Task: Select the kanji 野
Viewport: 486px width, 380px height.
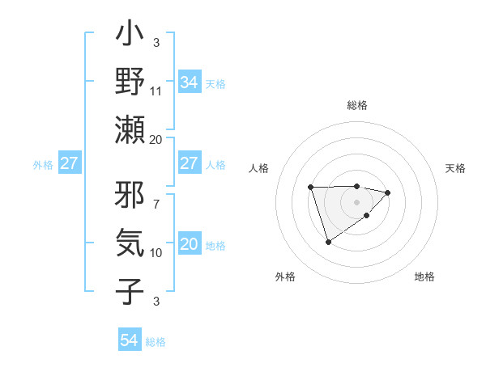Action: pyautogui.click(x=130, y=82)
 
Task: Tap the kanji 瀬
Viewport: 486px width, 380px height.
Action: pyautogui.click(x=130, y=129)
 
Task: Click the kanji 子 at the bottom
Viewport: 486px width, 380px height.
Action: pyautogui.click(x=130, y=289)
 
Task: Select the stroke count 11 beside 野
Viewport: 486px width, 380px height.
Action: pyautogui.click(x=156, y=91)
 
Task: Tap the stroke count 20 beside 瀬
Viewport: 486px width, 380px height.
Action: pyautogui.click(x=156, y=139)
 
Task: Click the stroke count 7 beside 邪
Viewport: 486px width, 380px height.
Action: pyautogui.click(x=156, y=196)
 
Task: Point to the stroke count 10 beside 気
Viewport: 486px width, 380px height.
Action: pyautogui.click(x=156, y=252)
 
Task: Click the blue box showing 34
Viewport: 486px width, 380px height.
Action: pyautogui.click(x=189, y=82)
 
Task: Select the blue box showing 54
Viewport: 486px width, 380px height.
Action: pyautogui.click(x=129, y=340)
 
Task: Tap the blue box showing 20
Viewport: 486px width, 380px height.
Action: pyautogui.click(x=189, y=244)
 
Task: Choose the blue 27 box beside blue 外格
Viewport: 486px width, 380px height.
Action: pyautogui.click(x=69, y=164)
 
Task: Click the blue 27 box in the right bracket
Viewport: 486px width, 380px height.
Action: pyautogui.click(x=189, y=163)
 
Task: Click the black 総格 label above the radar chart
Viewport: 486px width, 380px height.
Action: pyautogui.click(x=357, y=105)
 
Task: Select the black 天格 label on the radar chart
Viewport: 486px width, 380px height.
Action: pyautogui.click(x=455, y=168)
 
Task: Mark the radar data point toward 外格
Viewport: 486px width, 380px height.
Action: pyautogui.click(x=328, y=242)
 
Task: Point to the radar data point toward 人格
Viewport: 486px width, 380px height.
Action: pyautogui.click(x=310, y=188)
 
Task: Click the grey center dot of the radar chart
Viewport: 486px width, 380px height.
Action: pyautogui.click(x=356, y=201)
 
